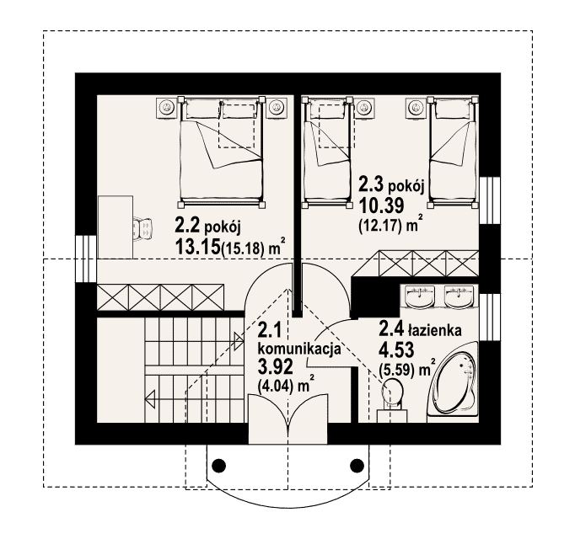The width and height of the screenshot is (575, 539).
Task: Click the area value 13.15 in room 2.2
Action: [198, 248]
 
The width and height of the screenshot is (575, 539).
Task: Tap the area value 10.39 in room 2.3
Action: [381, 205]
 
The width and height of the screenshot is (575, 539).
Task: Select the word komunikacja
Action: [300, 349]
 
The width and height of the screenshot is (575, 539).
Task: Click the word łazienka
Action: [434, 330]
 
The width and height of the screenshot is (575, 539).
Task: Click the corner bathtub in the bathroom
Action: [454, 382]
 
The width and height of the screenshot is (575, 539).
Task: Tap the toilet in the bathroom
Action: [392, 401]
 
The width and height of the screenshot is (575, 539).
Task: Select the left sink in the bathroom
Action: [419, 296]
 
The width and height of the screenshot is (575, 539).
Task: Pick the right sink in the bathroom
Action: [459, 296]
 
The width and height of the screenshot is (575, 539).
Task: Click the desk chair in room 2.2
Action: [142, 228]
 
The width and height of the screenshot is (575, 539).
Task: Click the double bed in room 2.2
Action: [222, 152]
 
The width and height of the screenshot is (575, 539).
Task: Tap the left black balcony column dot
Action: [219, 466]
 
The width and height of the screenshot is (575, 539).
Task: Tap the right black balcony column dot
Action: [357, 466]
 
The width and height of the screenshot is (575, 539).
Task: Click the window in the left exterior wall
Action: [86, 259]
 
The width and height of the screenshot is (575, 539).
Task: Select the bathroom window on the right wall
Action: [491, 318]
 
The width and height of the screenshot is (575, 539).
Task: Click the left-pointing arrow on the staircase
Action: [150, 398]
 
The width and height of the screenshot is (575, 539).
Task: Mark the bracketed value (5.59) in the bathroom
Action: [398, 371]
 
